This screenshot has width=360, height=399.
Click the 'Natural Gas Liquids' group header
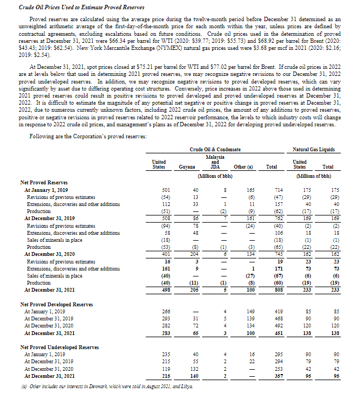point(313,149)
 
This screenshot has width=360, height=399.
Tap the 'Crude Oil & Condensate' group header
point(215,149)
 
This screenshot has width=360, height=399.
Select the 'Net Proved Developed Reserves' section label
point(53,305)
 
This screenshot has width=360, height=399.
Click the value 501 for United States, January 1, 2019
point(166,191)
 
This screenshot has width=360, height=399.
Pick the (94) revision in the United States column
point(165,226)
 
